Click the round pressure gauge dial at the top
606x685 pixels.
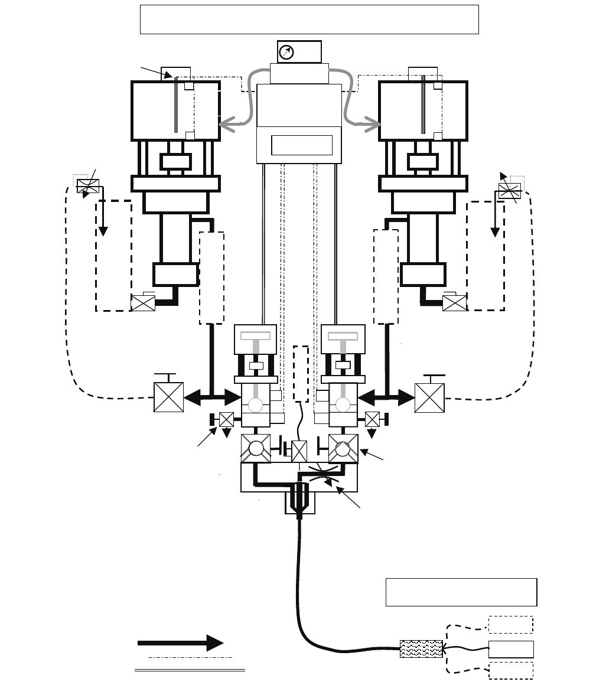coord(286,53)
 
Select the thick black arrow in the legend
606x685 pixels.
coord(180,643)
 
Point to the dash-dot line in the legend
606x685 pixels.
coord(190,657)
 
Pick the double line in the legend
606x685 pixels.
coord(190,670)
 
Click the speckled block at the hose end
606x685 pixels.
coord(421,649)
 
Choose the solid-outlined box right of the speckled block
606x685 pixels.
coord(511,649)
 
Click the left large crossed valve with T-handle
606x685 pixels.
coord(168,397)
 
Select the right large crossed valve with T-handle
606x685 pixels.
coord(429,397)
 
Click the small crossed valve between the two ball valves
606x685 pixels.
coord(299,451)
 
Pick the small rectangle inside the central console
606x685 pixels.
coord(302,145)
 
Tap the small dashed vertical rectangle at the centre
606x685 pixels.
coord(301,373)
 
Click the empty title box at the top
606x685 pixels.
coord(309,19)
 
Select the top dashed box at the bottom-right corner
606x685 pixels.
coord(510,625)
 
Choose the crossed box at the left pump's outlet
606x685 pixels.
coord(143,304)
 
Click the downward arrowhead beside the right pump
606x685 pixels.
coord(496,231)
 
